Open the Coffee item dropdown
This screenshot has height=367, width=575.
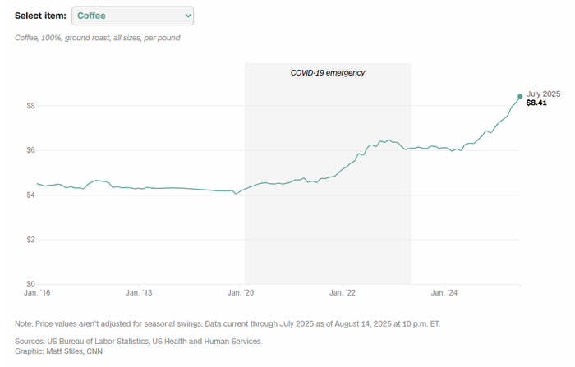coord(131,16)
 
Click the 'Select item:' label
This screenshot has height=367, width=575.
coord(40,16)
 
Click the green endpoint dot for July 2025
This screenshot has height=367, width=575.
coord(520,96)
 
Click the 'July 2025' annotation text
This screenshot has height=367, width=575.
coord(543,94)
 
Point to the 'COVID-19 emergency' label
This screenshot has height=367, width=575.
coord(328,73)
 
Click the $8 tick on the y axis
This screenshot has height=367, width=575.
coord(31,106)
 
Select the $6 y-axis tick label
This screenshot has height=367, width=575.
coord(31,150)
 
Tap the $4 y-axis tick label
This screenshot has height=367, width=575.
coord(31,195)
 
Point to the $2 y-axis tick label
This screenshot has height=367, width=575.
coord(31,240)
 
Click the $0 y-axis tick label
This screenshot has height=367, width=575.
coord(31,284)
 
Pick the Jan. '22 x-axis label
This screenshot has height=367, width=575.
coord(341,292)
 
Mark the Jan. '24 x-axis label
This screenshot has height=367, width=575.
coord(444,292)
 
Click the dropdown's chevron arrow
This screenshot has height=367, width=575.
coord(188,16)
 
